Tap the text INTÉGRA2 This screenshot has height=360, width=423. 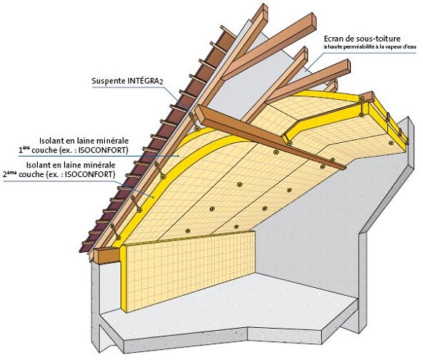[x=145, y=82]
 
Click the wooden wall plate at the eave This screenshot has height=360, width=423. [x=106, y=255]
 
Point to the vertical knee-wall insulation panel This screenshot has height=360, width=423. [x=189, y=270]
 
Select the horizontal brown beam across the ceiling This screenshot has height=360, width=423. [x=271, y=137]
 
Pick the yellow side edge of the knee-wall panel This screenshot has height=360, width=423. [x=123, y=278]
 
